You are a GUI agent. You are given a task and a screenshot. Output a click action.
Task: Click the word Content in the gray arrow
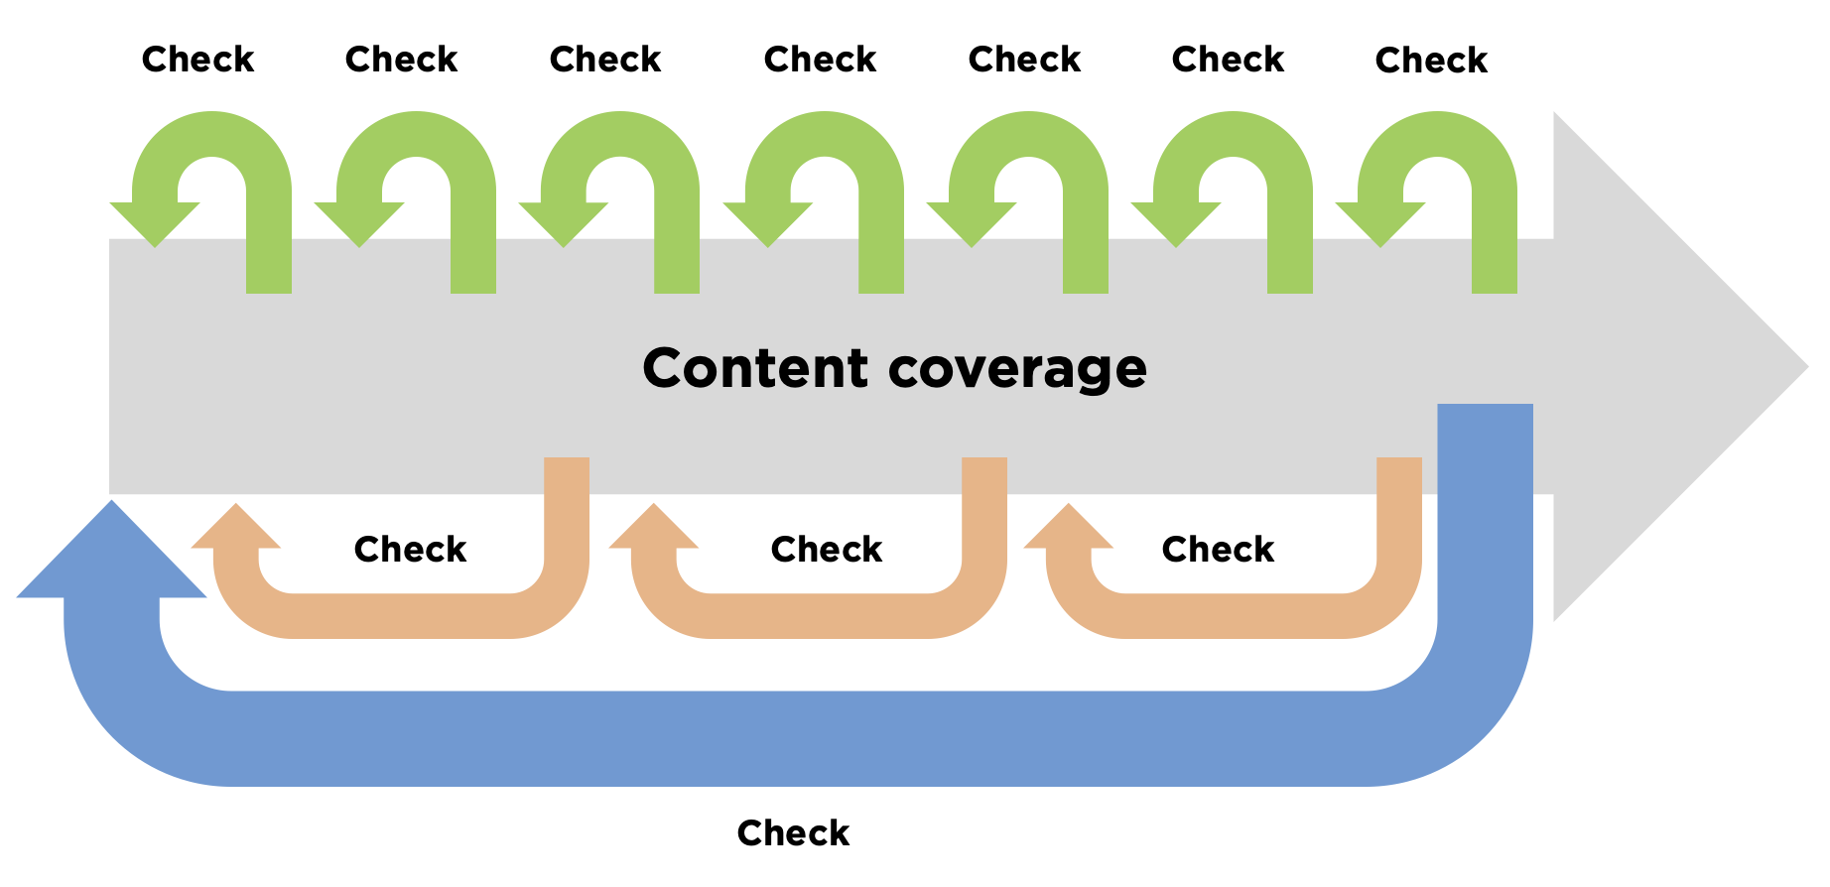tap(755, 368)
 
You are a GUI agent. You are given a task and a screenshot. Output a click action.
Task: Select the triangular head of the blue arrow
tap(111, 556)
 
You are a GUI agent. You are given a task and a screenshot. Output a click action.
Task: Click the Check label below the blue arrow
tap(793, 832)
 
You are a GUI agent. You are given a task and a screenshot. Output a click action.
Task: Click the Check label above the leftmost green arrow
tap(197, 60)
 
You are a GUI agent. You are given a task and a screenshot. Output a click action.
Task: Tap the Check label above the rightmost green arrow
tap(1431, 61)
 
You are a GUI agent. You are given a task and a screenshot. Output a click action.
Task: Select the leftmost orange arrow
tap(402, 615)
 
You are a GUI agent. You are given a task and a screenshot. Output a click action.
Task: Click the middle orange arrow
tap(820, 615)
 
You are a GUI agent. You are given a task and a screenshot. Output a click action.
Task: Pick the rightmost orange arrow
tap(1235, 615)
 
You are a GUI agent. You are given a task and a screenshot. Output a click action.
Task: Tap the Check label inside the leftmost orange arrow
tap(410, 549)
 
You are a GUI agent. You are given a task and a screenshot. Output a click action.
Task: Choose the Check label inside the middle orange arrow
tap(827, 549)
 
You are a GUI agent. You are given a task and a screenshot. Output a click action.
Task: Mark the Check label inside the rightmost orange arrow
tap(1218, 549)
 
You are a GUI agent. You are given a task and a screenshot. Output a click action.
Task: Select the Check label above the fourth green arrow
tap(820, 60)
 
